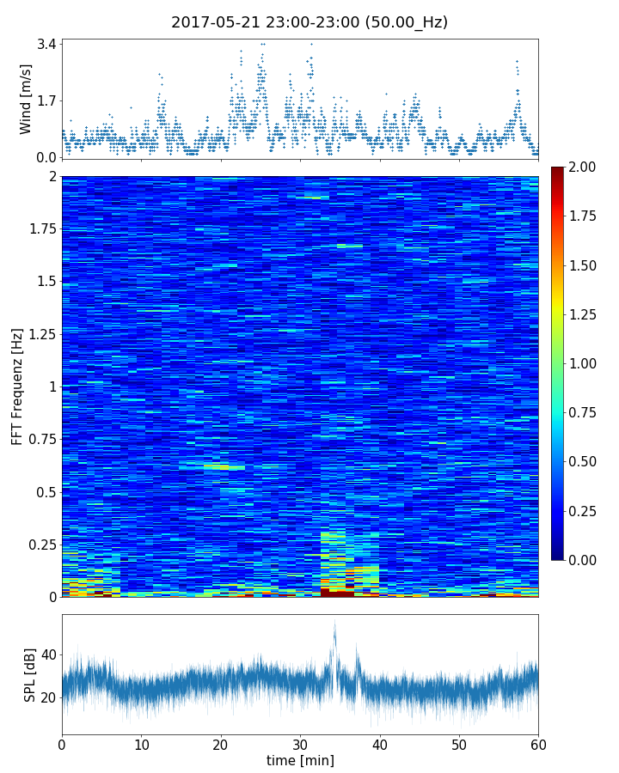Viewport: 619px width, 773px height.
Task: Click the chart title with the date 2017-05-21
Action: (x=309, y=22)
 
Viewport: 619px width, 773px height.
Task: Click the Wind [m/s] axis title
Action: (x=26, y=99)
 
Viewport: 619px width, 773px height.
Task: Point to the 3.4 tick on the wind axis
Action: (x=46, y=44)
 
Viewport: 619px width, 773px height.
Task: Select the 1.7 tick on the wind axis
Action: (x=46, y=100)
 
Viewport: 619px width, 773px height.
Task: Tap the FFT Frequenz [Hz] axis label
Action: (x=17, y=386)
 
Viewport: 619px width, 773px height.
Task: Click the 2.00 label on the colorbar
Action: (x=583, y=167)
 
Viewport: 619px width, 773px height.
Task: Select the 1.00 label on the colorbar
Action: (x=583, y=363)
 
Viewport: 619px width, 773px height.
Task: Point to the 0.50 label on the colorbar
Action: (x=583, y=461)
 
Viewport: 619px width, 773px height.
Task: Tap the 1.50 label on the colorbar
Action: (x=583, y=265)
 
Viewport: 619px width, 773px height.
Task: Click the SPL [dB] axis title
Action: (x=30, y=674)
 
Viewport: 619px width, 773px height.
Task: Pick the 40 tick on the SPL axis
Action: (x=48, y=654)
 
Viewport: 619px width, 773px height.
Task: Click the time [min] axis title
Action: (x=300, y=760)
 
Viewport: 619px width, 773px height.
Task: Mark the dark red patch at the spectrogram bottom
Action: (x=337, y=593)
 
